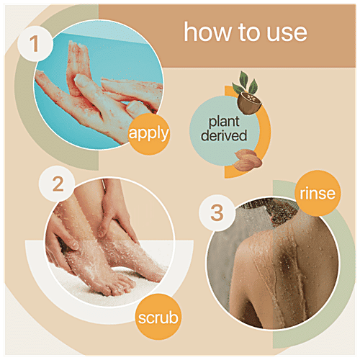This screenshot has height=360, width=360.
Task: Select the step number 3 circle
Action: click(217, 212)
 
